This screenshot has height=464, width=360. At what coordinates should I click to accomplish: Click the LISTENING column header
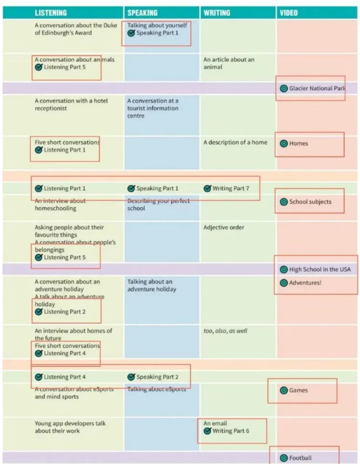click(x=51, y=13)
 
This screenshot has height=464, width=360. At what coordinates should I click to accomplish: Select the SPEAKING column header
click(x=142, y=13)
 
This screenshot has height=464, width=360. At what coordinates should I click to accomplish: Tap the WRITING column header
click(x=217, y=13)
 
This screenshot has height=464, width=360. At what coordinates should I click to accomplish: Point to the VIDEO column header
click(x=289, y=13)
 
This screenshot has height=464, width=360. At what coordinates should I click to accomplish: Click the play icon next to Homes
click(x=284, y=143)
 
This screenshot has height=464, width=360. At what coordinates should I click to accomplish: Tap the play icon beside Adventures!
click(x=284, y=283)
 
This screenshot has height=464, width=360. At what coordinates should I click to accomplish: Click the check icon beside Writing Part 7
click(x=207, y=189)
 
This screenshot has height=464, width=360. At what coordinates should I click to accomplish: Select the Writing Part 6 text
click(x=231, y=431)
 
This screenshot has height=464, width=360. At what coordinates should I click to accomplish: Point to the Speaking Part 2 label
click(x=157, y=377)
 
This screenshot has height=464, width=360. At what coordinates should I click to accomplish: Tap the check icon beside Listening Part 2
click(x=39, y=312)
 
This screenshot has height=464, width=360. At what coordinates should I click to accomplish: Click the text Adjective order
click(x=224, y=227)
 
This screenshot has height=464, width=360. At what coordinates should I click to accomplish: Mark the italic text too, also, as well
click(x=225, y=331)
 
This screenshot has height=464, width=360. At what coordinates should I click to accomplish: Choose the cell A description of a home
click(x=235, y=143)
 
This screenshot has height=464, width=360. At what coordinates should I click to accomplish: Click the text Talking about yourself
click(x=157, y=25)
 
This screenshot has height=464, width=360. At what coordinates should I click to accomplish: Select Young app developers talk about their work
click(x=70, y=427)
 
